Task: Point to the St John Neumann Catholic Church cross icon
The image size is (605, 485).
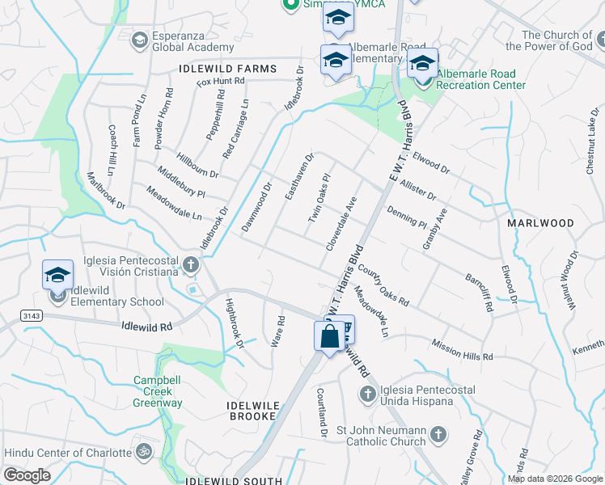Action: tap(438, 434)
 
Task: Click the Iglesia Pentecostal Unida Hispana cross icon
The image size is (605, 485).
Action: tap(367, 394)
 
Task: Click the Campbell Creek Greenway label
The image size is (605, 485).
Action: tap(159, 391)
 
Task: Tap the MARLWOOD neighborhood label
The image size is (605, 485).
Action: tap(540, 222)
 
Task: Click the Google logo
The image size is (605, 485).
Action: tap(27, 475)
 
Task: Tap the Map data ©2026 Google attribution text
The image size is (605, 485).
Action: tap(554, 479)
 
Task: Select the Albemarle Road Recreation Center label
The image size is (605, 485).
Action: tap(481, 79)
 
